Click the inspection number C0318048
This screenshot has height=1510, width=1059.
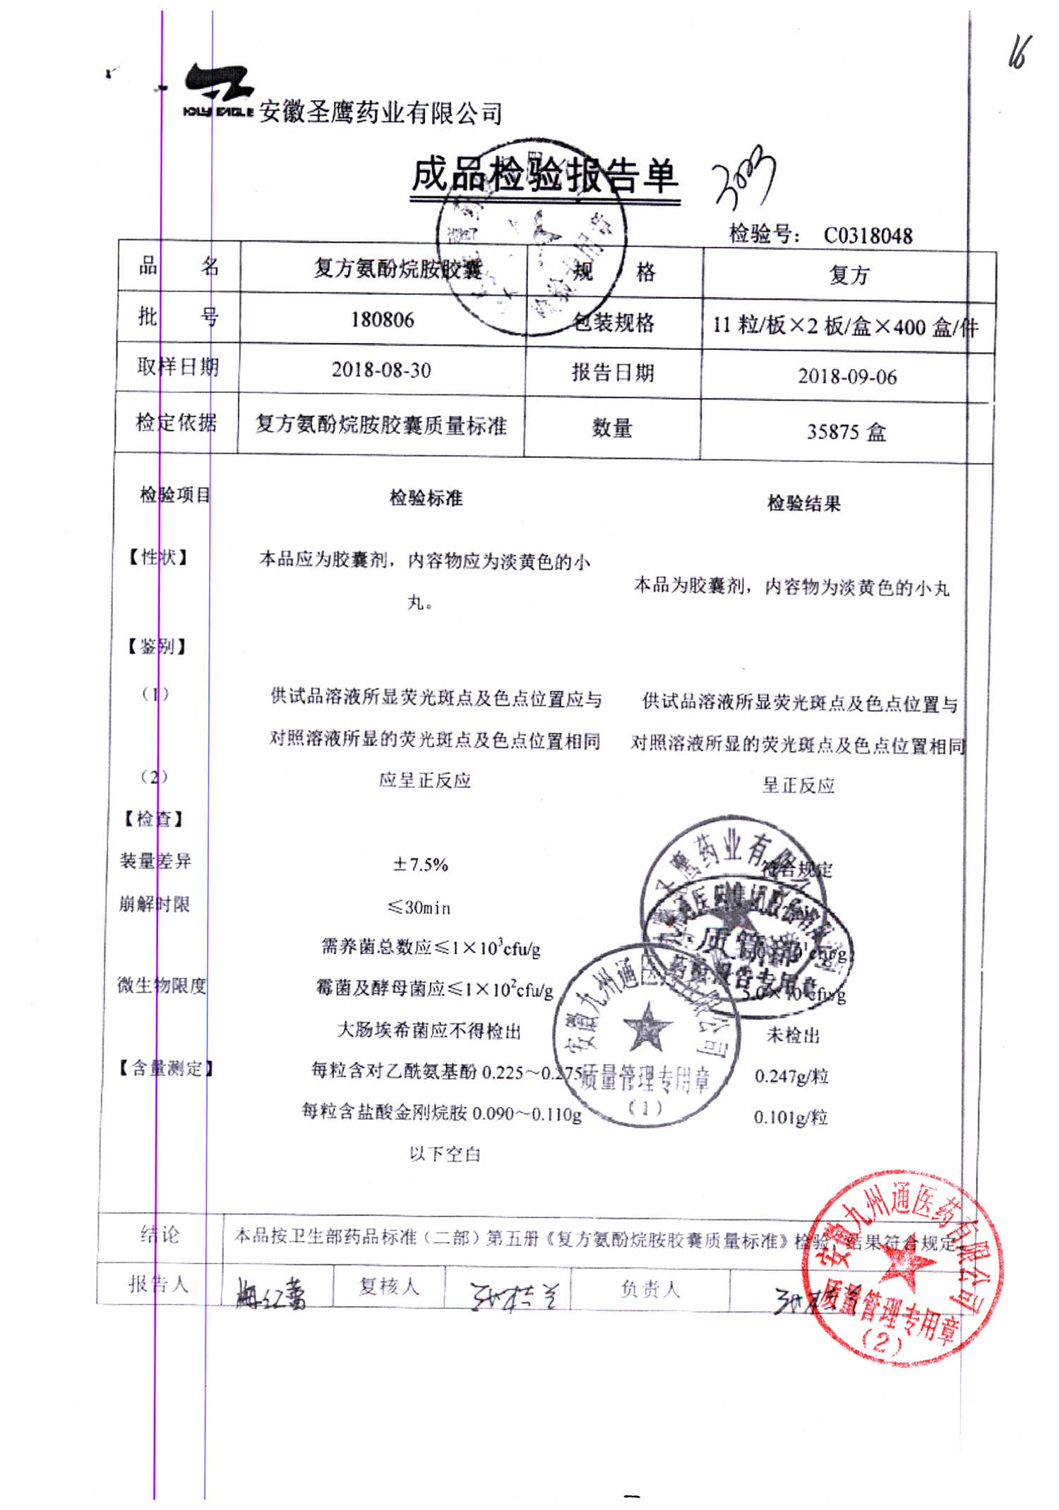click(868, 236)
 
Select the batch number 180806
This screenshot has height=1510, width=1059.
click(383, 320)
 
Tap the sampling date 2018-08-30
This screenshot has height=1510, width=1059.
click(381, 370)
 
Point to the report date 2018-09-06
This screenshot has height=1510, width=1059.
click(847, 377)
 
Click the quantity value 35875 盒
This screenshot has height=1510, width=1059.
click(846, 431)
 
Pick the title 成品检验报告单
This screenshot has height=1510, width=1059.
click(544, 176)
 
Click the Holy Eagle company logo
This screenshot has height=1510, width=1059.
click(218, 90)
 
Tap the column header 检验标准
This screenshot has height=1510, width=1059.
click(426, 498)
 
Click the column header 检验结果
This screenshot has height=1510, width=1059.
click(804, 503)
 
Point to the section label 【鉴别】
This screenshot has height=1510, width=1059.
click(156, 646)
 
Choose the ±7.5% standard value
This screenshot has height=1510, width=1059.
click(421, 864)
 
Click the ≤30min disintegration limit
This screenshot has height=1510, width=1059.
click(419, 907)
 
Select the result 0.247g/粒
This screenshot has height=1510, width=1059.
click(791, 1076)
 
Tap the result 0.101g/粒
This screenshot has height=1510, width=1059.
click(790, 1118)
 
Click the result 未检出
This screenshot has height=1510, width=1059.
click(793, 1035)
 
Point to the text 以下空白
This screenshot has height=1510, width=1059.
click(445, 1154)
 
